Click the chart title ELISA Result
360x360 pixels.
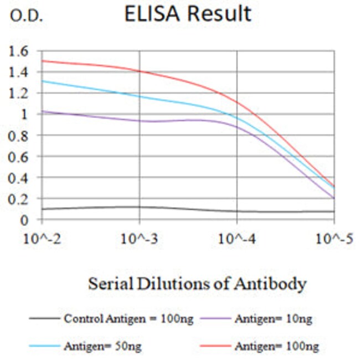(187, 14)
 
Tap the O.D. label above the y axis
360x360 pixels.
(26, 16)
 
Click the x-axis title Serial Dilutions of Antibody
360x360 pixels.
(197, 284)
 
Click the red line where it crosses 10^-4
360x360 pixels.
(237, 101)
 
